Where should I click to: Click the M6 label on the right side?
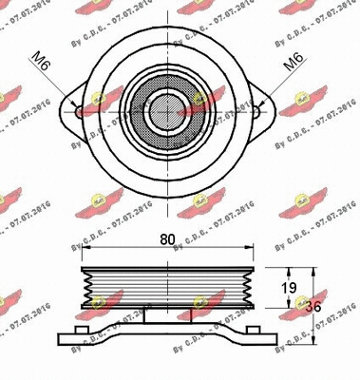pos(294,66)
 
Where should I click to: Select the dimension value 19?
pos(292,286)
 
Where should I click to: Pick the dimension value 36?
pos(324,307)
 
